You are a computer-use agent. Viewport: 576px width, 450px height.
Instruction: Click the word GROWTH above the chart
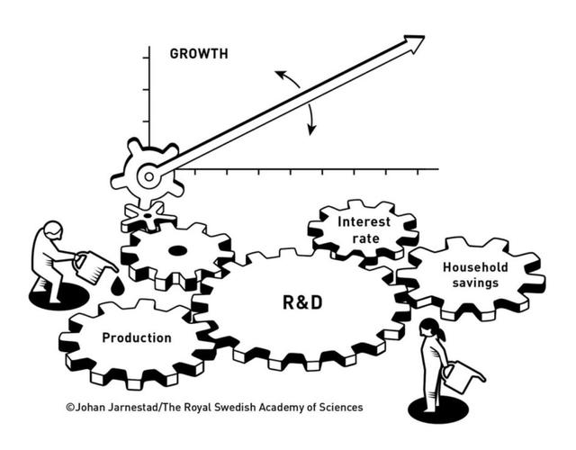coord(199,53)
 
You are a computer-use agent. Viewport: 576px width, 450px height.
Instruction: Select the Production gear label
coord(136,338)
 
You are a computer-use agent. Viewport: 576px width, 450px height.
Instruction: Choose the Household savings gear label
coord(475,274)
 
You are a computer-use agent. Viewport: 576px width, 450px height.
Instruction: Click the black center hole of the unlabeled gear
coord(177,251)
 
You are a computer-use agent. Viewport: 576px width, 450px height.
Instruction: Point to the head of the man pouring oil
coord(53,230)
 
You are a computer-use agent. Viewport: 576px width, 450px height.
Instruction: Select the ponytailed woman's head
coord(431,329)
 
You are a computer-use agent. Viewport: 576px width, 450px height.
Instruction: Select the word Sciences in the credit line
coord(337,408)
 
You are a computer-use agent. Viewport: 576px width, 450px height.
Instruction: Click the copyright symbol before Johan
coord(69,408)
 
